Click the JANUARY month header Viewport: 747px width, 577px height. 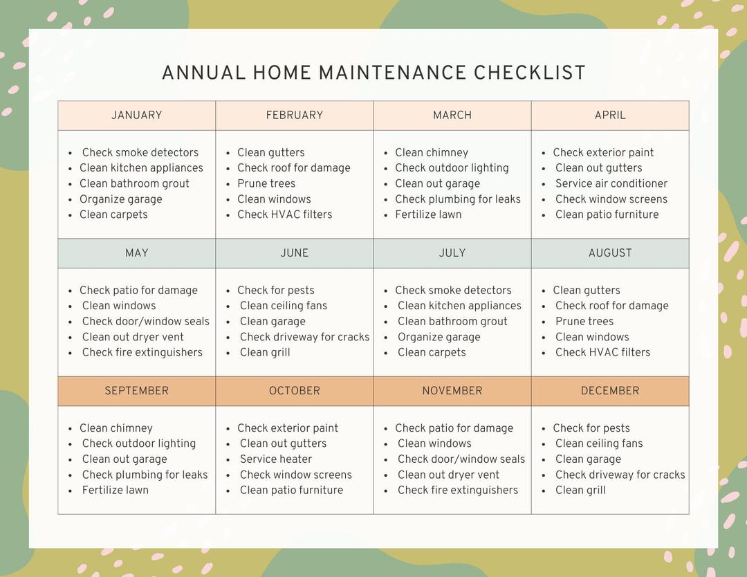136,116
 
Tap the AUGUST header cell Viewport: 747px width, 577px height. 610,253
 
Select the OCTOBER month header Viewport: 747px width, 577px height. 295,391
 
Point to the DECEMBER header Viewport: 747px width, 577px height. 610,391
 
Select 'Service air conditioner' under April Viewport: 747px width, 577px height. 611,183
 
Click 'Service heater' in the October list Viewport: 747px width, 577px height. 276,459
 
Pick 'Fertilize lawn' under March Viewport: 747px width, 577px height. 428,214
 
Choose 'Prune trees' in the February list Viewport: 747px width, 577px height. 266,183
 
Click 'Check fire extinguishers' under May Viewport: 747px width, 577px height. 142,352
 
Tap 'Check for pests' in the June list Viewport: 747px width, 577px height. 276,290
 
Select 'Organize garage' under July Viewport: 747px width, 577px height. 439,337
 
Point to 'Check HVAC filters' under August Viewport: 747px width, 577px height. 603,352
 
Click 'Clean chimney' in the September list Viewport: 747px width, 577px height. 116,428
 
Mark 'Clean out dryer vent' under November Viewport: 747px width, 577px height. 448,475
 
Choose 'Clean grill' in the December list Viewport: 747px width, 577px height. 580,490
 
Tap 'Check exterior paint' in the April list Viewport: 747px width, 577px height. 603,152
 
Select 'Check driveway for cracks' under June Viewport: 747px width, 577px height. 305,337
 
